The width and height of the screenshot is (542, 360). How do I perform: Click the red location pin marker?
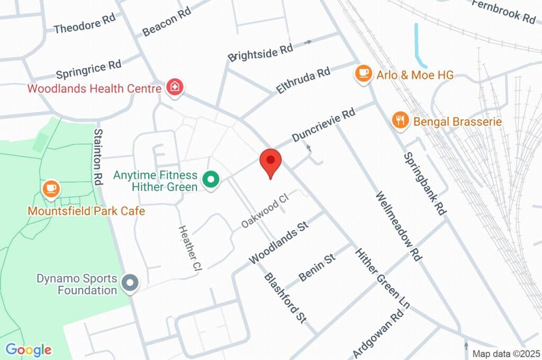pos(270,161)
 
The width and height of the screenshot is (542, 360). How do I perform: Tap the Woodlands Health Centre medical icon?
pos(174,87)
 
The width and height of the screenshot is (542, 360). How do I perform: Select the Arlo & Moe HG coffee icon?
pos(363,74)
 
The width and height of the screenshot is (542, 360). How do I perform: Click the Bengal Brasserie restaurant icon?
pos(401,121)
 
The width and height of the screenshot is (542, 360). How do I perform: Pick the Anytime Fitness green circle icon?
pos(211,181)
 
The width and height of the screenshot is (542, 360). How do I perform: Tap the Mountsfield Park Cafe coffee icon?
pos(51,189)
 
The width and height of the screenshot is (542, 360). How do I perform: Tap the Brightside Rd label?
pos(260,52)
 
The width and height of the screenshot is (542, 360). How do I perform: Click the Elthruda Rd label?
pos(303,80)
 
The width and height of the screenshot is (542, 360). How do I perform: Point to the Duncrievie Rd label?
pos(323,126)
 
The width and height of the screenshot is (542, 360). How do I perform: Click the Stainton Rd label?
pos(98,157)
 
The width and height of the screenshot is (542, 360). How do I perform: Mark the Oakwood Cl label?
pos(265,211)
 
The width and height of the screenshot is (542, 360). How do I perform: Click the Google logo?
pos(29,349)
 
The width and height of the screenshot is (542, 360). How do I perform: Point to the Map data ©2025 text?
pos(505,354)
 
